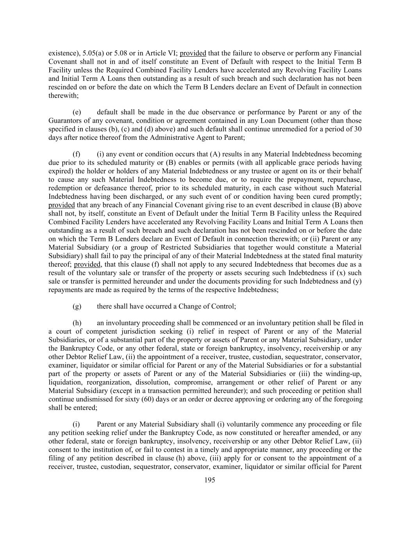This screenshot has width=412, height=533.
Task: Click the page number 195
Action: click(x=210, y=480)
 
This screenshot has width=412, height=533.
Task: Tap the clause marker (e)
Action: click(x=77, y=112)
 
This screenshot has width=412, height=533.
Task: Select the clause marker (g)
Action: click(x=77, y=306)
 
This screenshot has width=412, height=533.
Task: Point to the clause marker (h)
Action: click(x=77, y=323)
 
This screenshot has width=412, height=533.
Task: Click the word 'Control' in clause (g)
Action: click(x=224, y=306)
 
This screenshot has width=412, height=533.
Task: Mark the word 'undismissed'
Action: click(x=92, y=399)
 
